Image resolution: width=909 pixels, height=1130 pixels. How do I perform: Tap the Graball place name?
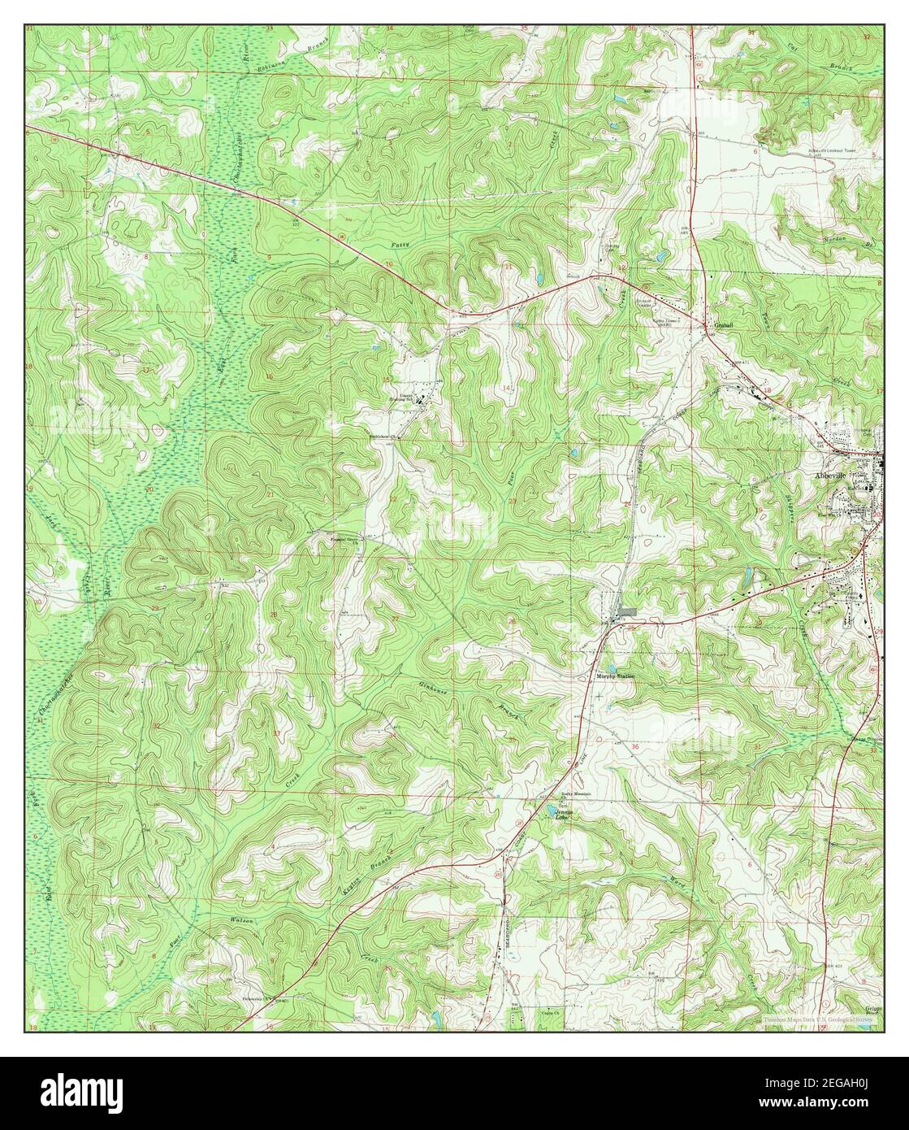coord(723,325)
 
